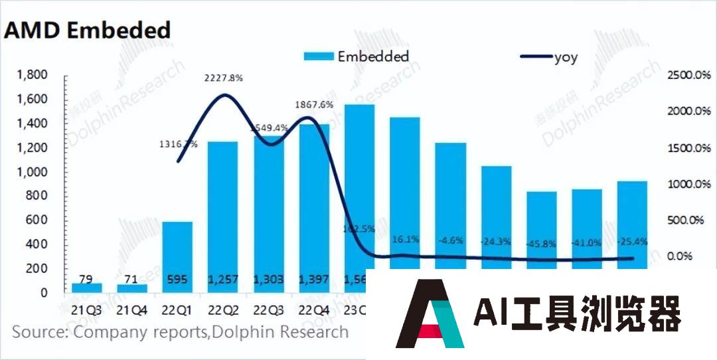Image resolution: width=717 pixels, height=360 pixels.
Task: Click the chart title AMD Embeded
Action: [x=88, y=30]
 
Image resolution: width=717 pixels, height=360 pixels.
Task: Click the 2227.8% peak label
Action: [x=224, y=78]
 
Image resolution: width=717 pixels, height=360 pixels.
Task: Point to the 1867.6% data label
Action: [x=315, y=104]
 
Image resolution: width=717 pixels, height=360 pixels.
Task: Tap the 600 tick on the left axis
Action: [x=38, y=221]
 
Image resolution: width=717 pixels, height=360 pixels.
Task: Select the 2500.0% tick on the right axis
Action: [x=687, y=75]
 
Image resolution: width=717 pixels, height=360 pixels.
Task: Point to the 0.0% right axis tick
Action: [x=693, y=256]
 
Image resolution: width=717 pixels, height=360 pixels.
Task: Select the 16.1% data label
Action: [x=404, y=239]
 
